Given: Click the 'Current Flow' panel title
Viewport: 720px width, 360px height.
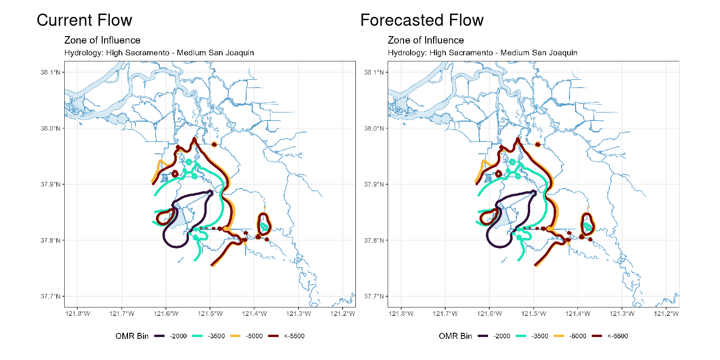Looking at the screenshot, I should tap(84, 20).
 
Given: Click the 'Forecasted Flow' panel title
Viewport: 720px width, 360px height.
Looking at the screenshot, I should tap(422, 20).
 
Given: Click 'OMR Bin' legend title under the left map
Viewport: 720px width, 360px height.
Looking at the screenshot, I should tap(132, 336).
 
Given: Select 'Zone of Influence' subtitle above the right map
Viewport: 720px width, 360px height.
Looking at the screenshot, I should tap(426, 40).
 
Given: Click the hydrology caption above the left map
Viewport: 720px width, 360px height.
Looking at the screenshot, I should tap(159, 52).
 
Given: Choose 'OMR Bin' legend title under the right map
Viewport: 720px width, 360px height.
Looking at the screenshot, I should tap(455, 336).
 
